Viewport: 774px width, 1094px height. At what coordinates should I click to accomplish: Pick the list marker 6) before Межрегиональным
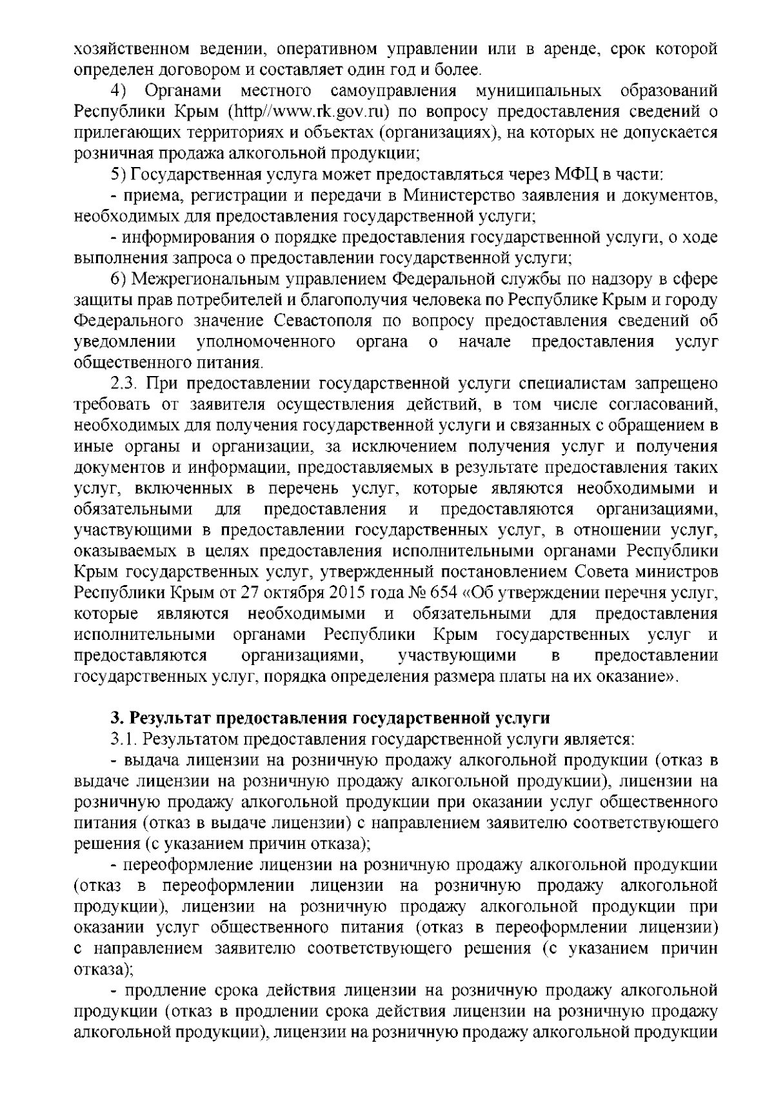pyautogui.click(x=117, y=279)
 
